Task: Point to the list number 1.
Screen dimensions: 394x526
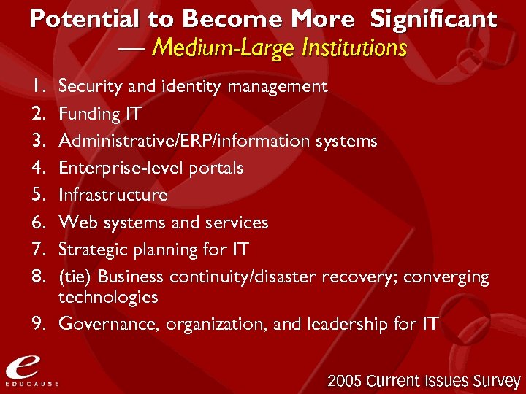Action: (39, 87)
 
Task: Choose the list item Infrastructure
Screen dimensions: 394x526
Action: (113, 195)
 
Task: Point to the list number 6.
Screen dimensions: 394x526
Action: (39, 222)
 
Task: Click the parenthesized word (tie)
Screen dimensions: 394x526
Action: (75, 277)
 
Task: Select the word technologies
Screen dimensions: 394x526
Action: (108, 297)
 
